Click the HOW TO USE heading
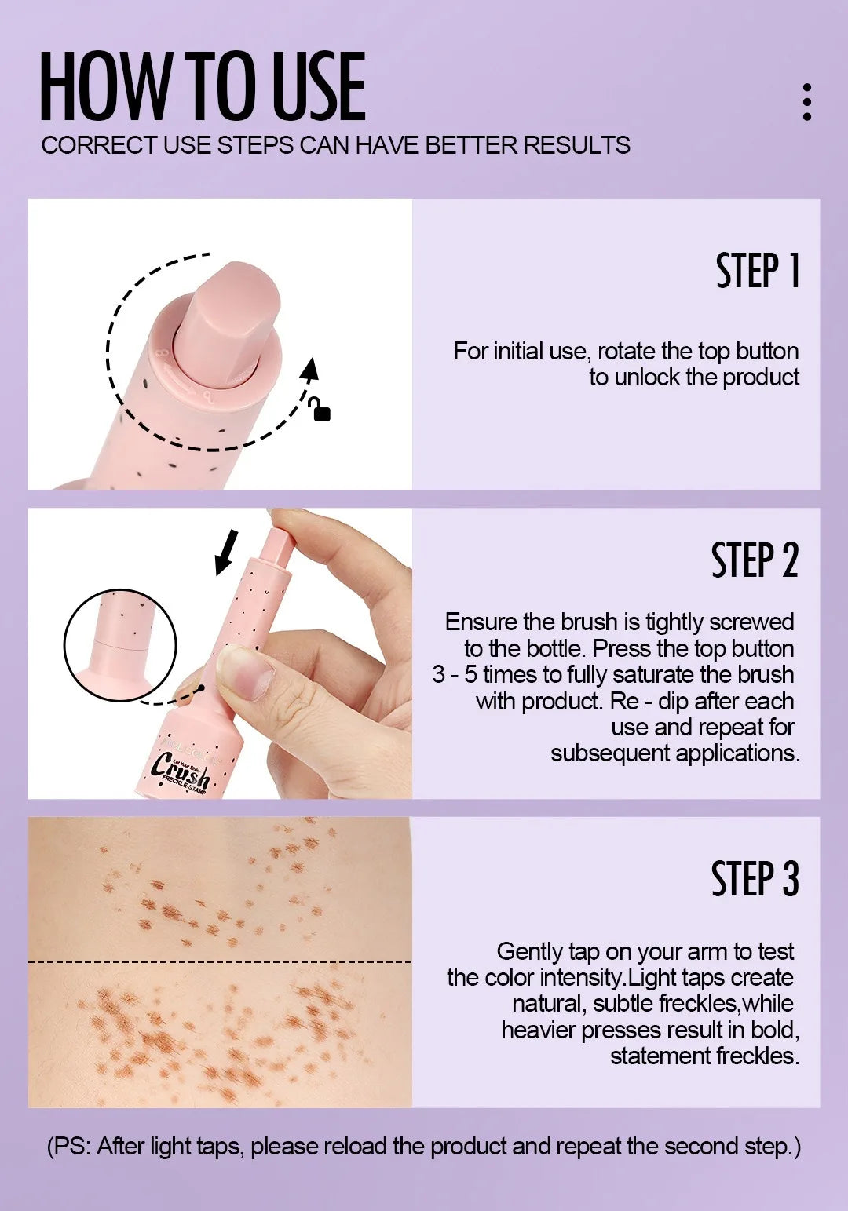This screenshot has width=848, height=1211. [x=203, y=86]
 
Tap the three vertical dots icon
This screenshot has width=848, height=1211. [x=806, y=102]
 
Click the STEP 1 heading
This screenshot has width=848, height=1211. [x=757, y=271]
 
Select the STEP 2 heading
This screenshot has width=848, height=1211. [x=754, y=560]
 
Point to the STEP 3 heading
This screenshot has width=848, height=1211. [x=755, y=879]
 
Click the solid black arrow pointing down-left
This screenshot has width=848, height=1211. [x=226, y=551]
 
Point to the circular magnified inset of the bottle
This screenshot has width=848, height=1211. [x=120, y=645]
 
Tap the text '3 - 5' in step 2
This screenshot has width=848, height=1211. [x=455, y=675]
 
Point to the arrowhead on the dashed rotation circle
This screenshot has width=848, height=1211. [x=311, y=369]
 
